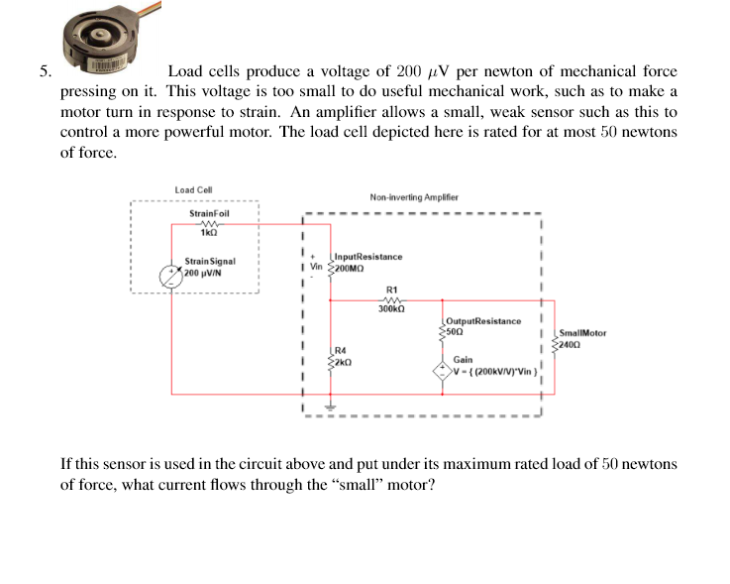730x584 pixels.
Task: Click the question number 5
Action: point(45,71)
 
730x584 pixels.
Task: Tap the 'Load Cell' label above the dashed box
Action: point(193,190)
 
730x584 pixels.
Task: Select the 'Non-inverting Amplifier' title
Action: point(413,197)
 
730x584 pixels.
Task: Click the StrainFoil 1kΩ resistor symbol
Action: point(209,223)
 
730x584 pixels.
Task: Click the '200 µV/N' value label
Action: point(207,273)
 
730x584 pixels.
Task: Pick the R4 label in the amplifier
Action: point(341,350)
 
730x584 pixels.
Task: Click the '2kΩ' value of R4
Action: point(343,362)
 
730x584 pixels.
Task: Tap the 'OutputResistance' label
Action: point(482,321)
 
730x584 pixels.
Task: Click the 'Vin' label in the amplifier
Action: point(317,268)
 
